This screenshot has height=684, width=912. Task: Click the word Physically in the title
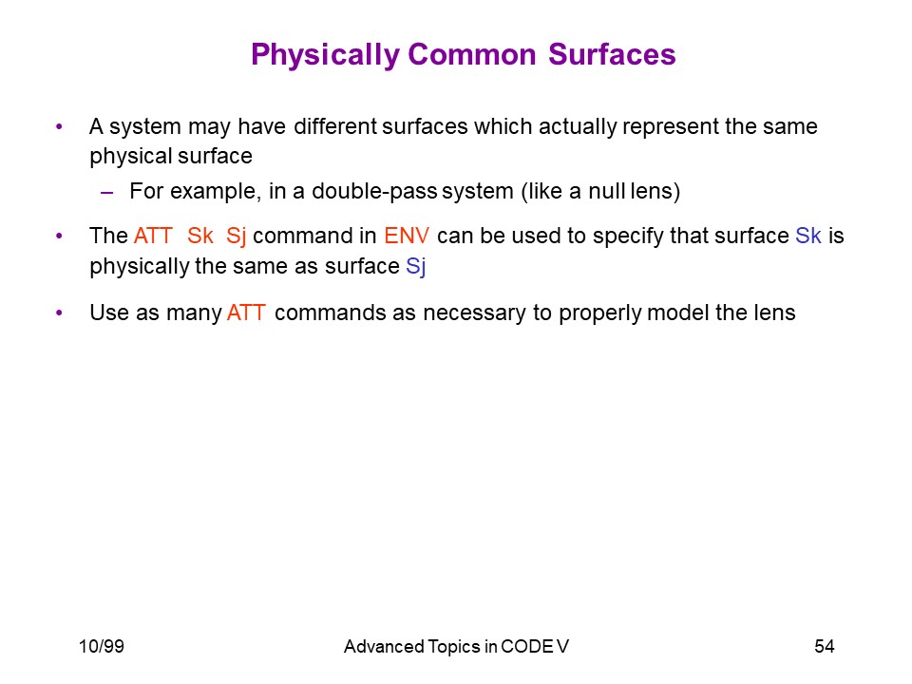coord(325,56)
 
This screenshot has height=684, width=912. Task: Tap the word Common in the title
coord(472,55)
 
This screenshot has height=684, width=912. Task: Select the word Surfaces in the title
coord(612,55)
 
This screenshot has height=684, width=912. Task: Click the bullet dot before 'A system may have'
coord(59,126)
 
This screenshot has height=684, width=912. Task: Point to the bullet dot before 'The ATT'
coord(59,236)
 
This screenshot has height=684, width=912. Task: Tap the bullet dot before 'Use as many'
coord(59,313)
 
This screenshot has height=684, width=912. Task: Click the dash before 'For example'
coord(106,192)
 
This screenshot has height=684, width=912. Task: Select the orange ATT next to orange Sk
coord(153,236)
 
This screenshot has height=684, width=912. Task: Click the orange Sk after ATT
coord(200,236)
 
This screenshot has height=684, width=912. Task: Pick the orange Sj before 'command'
coord(236,237)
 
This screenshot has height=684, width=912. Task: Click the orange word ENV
coord(407,236)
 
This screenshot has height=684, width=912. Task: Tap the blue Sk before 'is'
coord(807,236)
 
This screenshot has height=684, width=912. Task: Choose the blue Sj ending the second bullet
coord(415,267)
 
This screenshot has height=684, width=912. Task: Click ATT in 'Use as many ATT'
coord(246,313)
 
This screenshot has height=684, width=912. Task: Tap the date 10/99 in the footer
coord(102,646)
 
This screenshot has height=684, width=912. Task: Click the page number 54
coord(825,646)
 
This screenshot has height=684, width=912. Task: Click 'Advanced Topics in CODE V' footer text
coord(457,647)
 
